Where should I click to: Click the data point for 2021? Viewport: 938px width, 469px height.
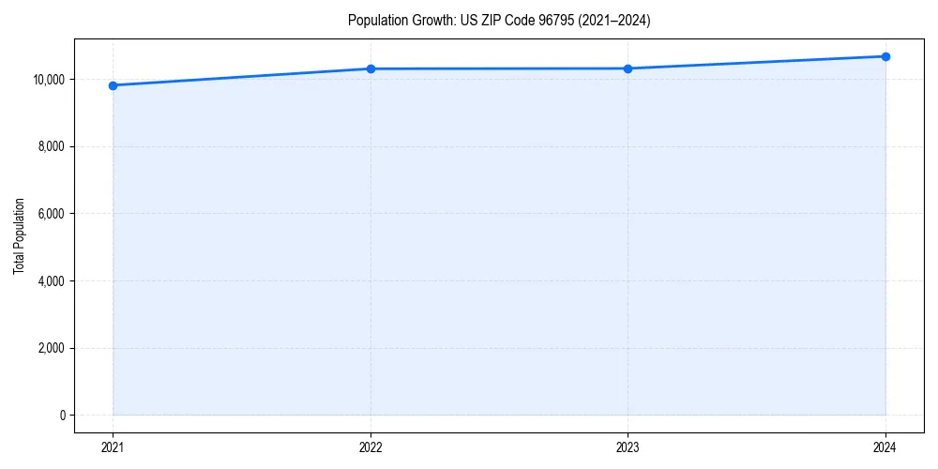point(113,85)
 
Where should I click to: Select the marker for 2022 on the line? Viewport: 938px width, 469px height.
point(371,68)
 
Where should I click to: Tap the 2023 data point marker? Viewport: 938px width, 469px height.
point(628,68)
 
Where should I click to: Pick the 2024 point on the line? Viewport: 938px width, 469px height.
point(885,56)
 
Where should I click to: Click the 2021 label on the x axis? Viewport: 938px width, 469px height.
point(113,447)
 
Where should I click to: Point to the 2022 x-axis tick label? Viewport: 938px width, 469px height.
point(371,447)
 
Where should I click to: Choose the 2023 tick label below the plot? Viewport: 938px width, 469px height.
point(628,447)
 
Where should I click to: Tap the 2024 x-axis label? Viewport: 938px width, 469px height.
point(885,447)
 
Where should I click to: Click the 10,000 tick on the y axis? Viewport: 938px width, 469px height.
point(48,80)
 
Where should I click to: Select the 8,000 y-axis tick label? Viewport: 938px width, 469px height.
point(51,146)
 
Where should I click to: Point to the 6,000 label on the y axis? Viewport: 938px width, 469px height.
point(51,214)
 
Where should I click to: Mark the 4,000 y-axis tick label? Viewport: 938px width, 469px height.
point(51,281)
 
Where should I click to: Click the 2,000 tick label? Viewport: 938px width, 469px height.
point(51,348)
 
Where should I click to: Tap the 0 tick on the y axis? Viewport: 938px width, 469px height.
point(61,416)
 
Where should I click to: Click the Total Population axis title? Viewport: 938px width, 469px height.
point(19,235)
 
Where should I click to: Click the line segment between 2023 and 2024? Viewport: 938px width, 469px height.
point(756,63)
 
